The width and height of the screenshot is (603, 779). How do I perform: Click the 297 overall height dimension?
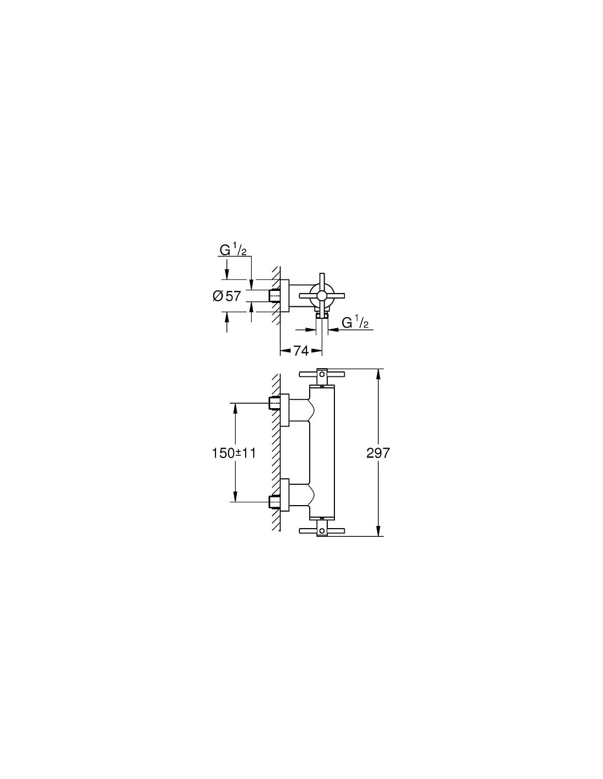pos(378,453)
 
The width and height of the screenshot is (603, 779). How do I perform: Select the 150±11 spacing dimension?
pos(234,453)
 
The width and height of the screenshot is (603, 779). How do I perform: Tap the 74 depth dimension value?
pos(301,351)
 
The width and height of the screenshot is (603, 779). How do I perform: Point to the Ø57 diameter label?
pos(227,296)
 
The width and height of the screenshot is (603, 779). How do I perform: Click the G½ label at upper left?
pos(234,250)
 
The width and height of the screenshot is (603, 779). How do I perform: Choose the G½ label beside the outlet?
pos(355,323)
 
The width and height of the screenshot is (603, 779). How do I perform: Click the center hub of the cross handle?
pos(321,296)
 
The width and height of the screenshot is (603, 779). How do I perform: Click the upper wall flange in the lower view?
pos(285,409)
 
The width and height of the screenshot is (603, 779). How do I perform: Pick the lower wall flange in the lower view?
pos(285,495)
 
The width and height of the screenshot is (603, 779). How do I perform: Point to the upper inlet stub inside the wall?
pos(274,404)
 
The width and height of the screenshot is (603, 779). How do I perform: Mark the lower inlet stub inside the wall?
pos(274,501)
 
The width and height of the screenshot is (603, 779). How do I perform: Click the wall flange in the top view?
pos(285,296)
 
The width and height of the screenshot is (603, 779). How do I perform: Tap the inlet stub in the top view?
pos(274,296)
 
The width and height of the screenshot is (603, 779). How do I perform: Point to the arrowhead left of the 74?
pos(284,351)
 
